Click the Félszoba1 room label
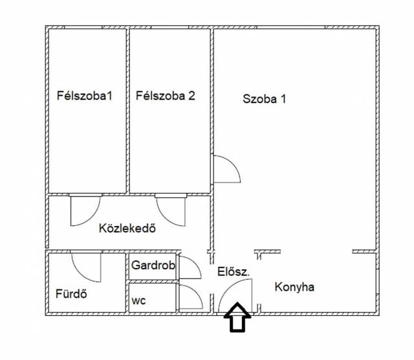coord(85,95)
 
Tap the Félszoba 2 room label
coord(166,95)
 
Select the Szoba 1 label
coord(265,99)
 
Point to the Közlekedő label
coord(127,228)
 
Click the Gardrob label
coord(153,265)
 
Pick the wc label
coord(138,301)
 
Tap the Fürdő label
coord(71,294)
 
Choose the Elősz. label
coord(234,271)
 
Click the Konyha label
coord(294,287)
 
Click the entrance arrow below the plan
coord(237,317)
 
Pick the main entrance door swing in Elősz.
coord(228,288)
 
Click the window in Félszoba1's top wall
coord(83,27)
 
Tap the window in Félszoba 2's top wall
coord(169,27)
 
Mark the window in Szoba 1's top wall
coord(291,27)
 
